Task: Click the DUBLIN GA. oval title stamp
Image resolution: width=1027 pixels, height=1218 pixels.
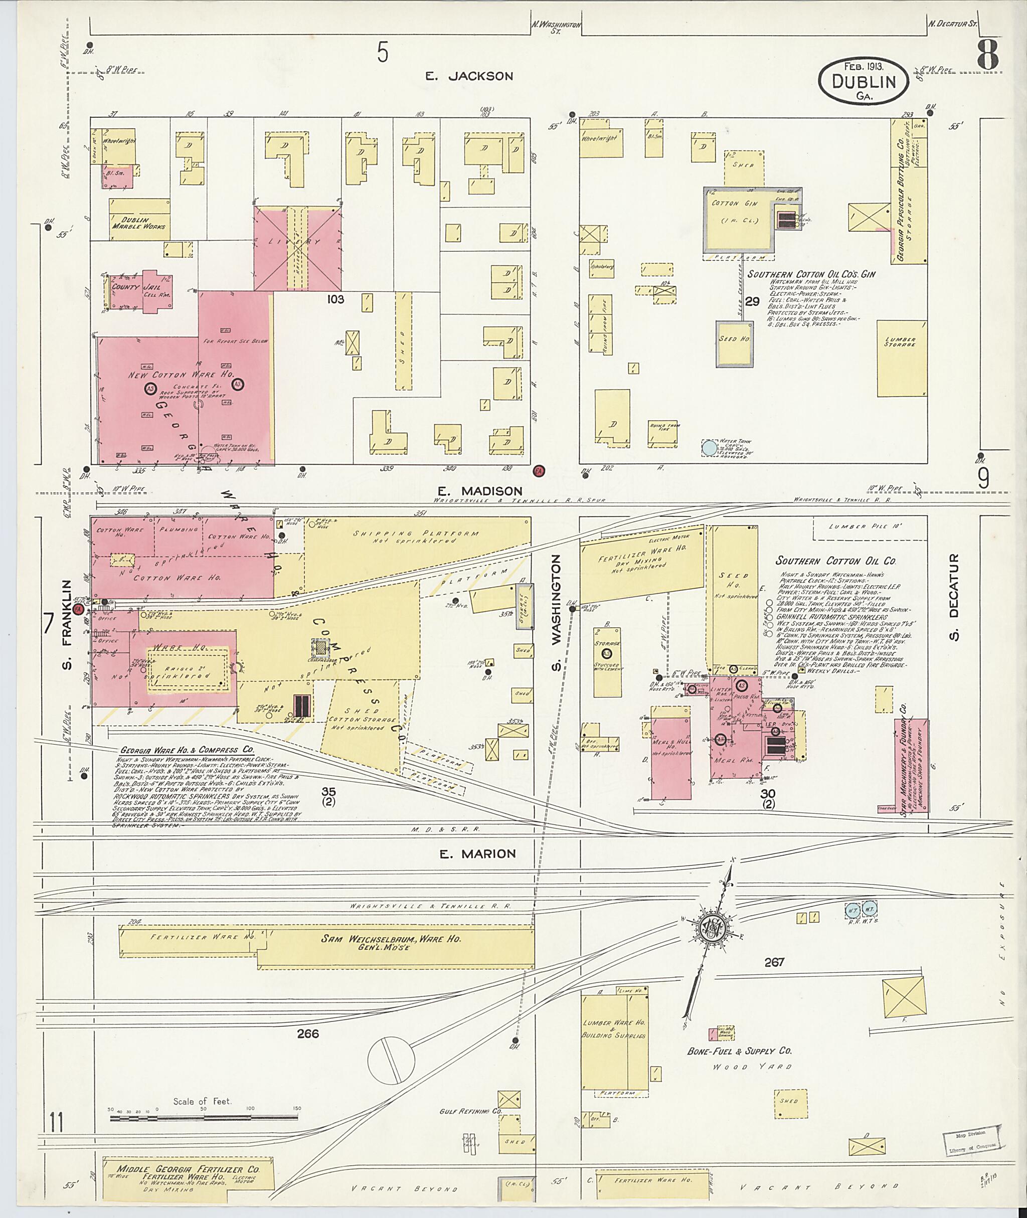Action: tap(864, 82)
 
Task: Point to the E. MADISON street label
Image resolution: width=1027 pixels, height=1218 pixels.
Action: tap(481, 491)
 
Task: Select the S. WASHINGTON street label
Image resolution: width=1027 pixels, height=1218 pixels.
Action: tap(557, 612)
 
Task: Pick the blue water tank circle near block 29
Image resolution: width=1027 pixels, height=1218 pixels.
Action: tap(709, 448)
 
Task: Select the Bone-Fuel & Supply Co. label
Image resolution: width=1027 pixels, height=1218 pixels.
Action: tap(739, 1052)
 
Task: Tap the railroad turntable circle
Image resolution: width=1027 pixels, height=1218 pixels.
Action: tap(391, 1060)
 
